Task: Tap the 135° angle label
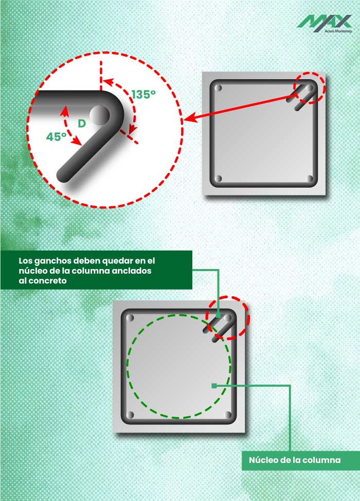coord(143,95)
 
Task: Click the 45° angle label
coord(57,137)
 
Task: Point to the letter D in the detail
coord(81,123)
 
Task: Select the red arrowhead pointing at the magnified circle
coord(188,120)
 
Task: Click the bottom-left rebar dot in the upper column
coord(219,179)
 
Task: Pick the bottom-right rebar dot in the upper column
coord(310,179)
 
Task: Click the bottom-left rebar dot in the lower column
coord(129,415)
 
